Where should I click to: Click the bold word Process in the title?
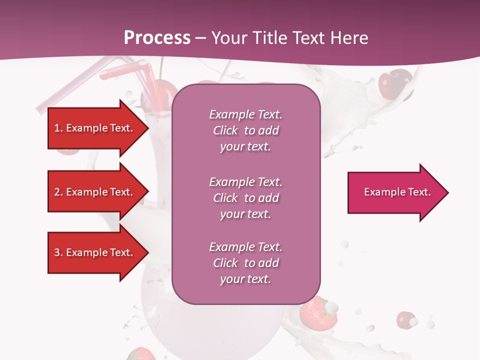157,38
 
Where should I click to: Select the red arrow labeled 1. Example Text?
95,128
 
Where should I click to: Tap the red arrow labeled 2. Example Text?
95,192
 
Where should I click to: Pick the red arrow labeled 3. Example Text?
95,252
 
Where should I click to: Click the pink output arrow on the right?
395,192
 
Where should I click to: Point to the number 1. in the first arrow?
58,128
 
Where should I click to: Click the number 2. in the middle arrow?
58,192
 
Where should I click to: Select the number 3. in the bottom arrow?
58,252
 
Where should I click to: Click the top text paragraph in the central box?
245,130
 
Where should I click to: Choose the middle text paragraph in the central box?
245,198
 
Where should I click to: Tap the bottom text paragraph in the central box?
245,263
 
